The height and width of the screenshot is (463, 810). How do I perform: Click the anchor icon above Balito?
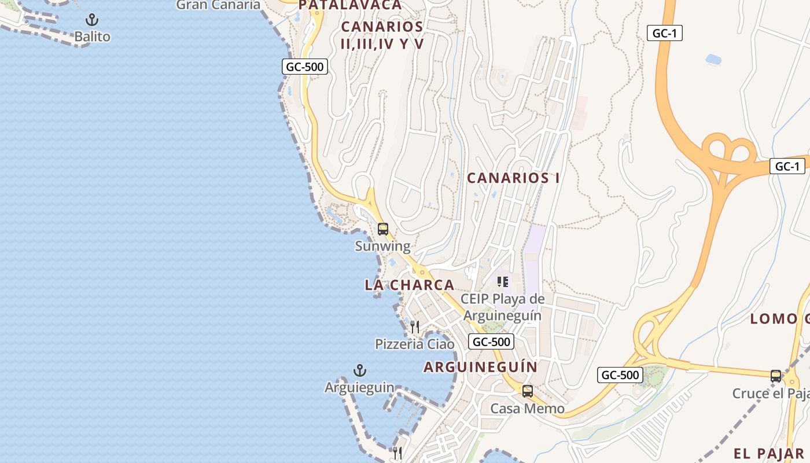[91, 20]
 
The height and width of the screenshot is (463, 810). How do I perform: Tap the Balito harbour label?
[92, 36]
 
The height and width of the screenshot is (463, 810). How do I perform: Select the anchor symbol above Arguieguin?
[360, 370]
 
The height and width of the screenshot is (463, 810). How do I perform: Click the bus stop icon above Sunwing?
[383, 229]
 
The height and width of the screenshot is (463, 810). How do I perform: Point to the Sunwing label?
[382, 246]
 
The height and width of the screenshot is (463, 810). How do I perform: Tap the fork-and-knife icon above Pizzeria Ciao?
[415, 327]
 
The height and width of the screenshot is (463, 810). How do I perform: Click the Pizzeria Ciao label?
[415, 344]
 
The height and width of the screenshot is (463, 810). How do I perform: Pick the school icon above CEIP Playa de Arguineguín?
[503, 282]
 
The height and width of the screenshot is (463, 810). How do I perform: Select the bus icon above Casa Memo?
[528, 391]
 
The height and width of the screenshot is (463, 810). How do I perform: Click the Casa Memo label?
[528, 409]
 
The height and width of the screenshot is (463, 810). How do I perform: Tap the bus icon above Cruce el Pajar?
[776, 376]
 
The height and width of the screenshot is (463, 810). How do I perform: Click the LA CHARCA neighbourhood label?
[410, 285]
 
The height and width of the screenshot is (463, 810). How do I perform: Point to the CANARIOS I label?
[513, 178]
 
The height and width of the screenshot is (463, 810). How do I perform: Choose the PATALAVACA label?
[350, 5]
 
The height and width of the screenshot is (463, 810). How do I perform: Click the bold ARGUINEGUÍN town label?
[481, 367]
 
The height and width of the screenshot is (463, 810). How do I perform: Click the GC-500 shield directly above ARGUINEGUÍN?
[491, 341]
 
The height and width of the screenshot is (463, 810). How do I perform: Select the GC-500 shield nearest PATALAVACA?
[305, 67]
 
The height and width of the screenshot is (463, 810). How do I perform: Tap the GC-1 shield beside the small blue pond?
[664, 33]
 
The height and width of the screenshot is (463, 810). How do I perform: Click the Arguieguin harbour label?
[359, 387]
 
